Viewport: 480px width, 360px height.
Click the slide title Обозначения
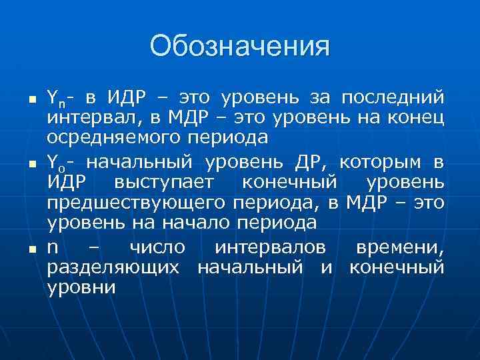[x=240, y=47]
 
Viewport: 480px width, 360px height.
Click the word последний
[x=392, y=99]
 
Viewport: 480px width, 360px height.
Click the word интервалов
[x=271, y=247]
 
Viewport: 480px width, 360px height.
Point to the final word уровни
[x=81, y=288]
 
